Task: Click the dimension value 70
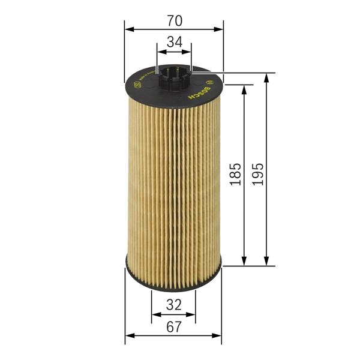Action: click(174, 20)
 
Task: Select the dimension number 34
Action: click(174, 42)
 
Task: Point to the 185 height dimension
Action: click(235, 174)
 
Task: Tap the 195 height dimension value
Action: click(258, 174)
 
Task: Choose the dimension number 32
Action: click(173, 305)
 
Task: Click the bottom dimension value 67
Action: click(173, 327)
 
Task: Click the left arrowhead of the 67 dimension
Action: click(129, 335)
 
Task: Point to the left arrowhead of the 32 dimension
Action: click(155, 313)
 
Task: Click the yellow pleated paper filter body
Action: click(173, 180)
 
